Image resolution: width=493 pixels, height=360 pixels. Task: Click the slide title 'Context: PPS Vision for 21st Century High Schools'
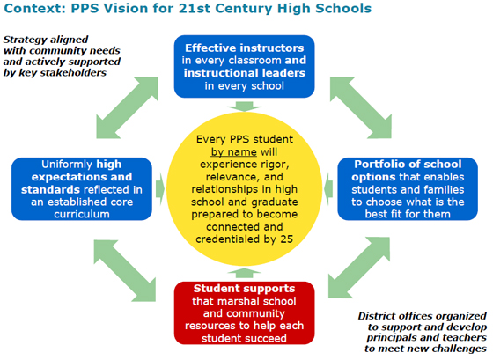188,8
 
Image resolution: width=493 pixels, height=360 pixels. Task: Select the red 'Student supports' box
245,313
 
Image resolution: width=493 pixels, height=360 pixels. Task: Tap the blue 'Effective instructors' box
245,66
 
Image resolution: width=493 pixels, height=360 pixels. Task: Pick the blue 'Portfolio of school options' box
408,189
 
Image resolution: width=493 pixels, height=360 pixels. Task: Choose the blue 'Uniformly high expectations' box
82,189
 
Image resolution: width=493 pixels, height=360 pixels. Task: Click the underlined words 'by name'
233,152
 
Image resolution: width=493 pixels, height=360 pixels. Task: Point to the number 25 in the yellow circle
286,239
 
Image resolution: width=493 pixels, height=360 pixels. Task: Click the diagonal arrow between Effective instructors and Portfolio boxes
361,108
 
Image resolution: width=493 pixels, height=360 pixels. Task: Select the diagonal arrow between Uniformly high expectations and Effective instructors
127,108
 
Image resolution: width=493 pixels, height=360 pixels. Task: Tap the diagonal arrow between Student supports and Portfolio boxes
359,268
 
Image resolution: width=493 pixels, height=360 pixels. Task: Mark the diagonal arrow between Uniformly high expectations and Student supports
125,271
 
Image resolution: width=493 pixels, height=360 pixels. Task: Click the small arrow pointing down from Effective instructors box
245,107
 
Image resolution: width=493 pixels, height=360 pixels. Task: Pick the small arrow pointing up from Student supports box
245,273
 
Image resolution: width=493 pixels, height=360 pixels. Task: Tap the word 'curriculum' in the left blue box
82,215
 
